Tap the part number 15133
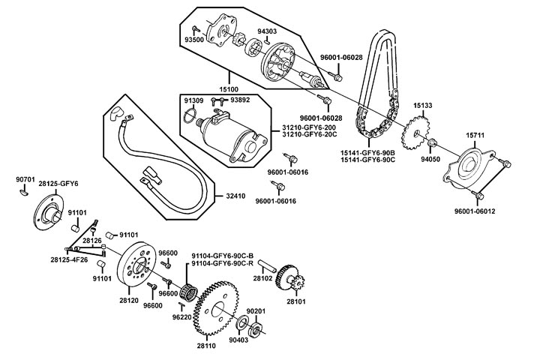422,106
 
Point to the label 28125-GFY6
58,184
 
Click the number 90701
25,180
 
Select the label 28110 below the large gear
207,346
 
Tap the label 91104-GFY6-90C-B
223,255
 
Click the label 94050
430,159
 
